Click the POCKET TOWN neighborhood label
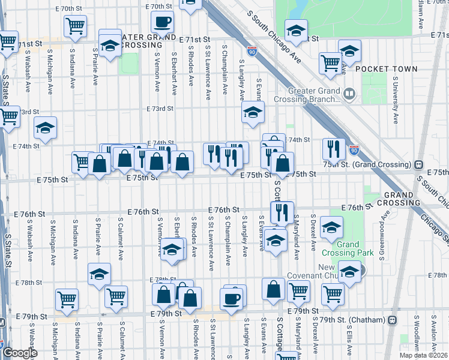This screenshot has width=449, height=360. [x=386, y=69]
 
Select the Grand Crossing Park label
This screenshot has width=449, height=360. [x=340, y=249]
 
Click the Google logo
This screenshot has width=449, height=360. [x=19, y=353]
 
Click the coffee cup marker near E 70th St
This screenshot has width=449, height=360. [x=162, y=23]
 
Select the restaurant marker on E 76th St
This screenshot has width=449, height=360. [x=281, y=212]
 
